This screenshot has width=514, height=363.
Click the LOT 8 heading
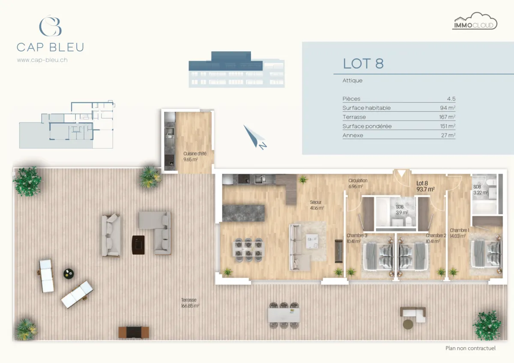click(x=363, y=63)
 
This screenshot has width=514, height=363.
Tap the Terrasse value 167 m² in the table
click(x=446, y=117)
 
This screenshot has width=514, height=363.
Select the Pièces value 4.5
click(x=451, y=99)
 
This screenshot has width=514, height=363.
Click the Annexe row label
click(x=353, y=135)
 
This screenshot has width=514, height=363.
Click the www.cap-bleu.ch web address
click(x=42, y=60)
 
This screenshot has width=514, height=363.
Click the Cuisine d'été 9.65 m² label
click(x=190, y=156)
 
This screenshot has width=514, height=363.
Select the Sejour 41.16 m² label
click(x=317, y=205)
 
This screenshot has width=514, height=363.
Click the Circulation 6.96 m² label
click(x=358, y=183)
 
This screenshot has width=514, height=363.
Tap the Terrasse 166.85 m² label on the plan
click(x=190, y=303)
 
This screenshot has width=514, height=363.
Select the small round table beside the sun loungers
click(x=69, y=273)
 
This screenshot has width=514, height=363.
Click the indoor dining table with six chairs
click(x=249, y=247)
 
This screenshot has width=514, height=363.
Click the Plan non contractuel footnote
click(x=470, y=348)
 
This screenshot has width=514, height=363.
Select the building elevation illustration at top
click(x=236, y=69)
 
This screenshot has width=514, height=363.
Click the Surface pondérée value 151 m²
click(x=446, y=126)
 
